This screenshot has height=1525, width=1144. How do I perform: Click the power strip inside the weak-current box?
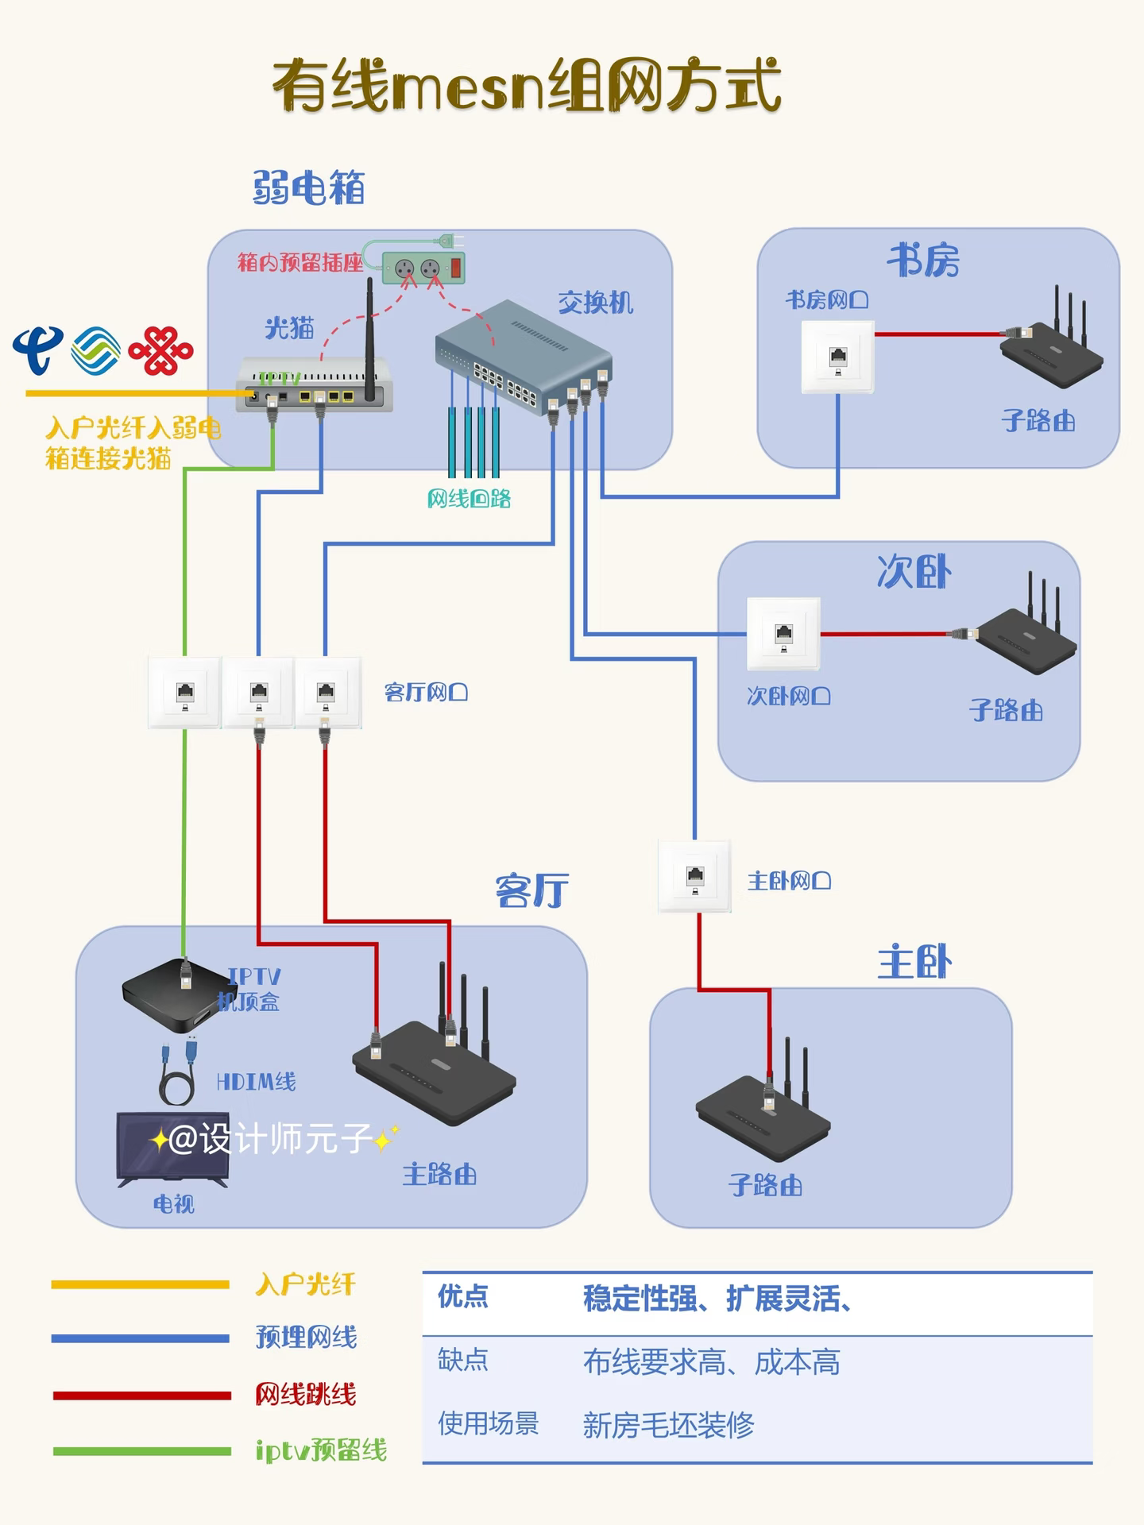[x=423, y=268]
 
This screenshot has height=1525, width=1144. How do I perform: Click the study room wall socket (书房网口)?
[x=837, y=357]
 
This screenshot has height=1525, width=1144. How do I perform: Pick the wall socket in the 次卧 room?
[x=783, y=634]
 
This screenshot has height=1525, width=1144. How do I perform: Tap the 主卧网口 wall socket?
[x=695, y=876]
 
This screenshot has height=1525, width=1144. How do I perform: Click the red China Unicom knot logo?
[x=161, y=350]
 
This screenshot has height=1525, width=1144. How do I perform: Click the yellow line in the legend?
[x=141, y=1284]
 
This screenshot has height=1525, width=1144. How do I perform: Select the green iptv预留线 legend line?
[x=141, y=1451]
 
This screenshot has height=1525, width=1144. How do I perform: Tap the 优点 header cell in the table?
[x=463, y=1297]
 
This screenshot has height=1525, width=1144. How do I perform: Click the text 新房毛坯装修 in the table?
[x=668, y=1425]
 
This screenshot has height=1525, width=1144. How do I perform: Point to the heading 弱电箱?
[x=309, y=188]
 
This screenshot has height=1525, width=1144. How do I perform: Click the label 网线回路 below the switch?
[x=469, y=499]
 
